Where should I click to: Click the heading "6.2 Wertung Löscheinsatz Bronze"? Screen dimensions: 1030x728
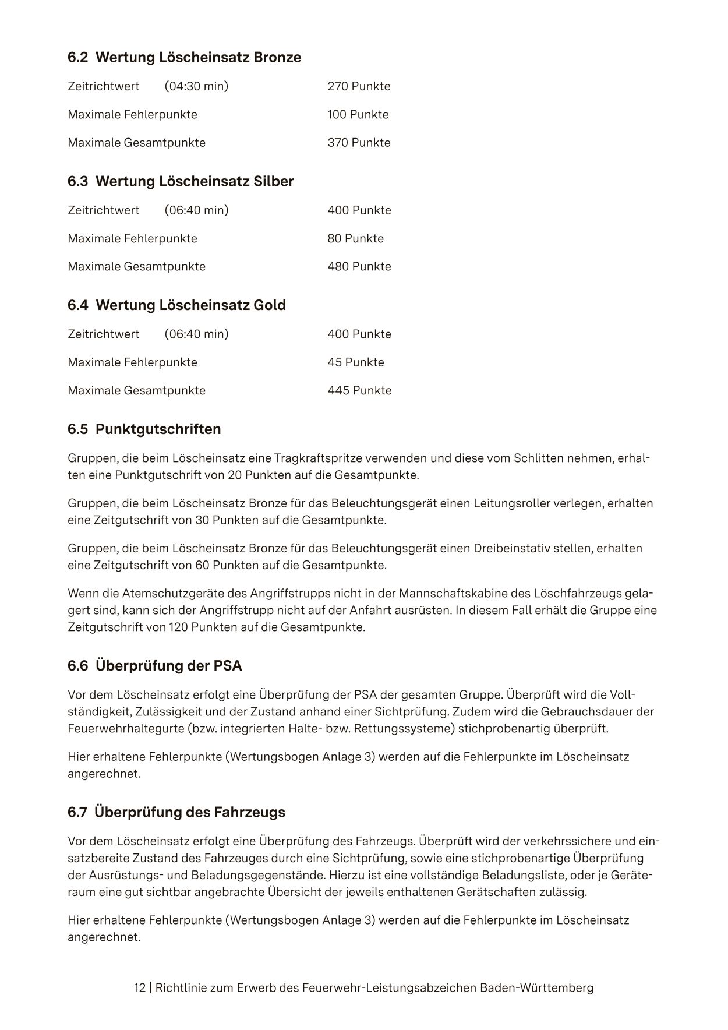[184, 57]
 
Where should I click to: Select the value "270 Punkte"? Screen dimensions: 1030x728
[359, 86]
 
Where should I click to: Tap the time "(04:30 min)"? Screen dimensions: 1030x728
[196, 86]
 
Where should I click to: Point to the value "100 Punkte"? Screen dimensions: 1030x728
[358, 114]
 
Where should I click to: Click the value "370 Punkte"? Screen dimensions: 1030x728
[359, 143]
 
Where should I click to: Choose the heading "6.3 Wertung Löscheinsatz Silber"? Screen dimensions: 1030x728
[181, 181]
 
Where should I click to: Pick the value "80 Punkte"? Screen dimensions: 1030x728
[355, 238]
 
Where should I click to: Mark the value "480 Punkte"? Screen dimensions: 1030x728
[359, 266]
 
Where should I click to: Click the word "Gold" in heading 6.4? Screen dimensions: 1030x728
[270, 305]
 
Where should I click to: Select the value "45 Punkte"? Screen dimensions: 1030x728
[355, 362]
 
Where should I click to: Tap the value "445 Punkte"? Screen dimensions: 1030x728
[359, 390]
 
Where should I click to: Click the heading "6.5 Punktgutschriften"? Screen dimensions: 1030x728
[144, 429]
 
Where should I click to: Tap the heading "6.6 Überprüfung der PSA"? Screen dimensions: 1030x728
[154, 665]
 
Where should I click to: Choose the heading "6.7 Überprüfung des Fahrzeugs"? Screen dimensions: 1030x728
[176, 812]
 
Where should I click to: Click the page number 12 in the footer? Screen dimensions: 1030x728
[140, 988]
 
